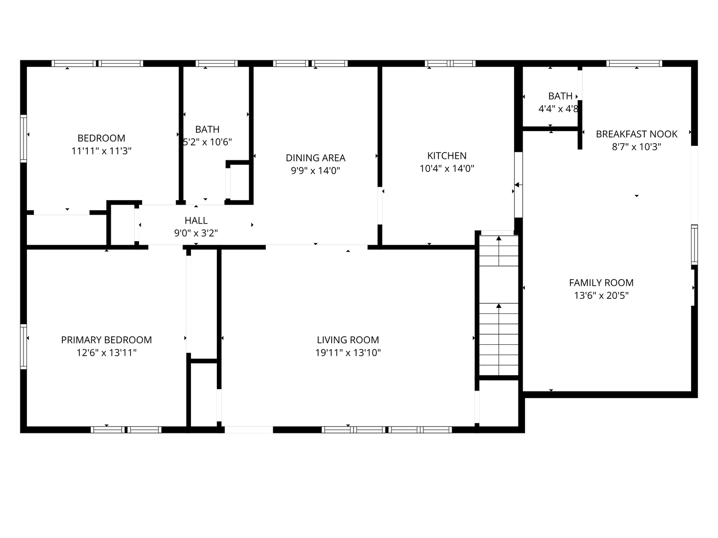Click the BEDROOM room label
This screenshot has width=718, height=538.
(101, 138)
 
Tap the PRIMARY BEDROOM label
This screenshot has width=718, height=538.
(106, 340)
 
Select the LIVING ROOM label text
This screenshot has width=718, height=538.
(348, 340)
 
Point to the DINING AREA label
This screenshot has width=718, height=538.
(315, 158)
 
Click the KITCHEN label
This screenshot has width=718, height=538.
(447, 155)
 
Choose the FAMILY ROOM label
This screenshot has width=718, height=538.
(601, 282)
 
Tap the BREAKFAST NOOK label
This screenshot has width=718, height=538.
(636, 134)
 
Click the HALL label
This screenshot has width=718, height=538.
(196, 220)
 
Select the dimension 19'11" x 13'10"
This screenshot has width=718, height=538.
(348, 353)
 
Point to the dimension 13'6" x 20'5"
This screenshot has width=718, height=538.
(601, 295)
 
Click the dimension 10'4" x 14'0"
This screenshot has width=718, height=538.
(447, 168)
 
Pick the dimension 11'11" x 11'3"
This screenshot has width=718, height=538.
(101, 151)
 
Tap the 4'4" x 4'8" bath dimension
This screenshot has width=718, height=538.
(558, 109)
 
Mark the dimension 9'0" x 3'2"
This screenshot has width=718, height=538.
(196, 233)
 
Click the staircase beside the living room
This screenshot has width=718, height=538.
(499, 305)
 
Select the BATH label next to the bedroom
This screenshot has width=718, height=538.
(207, 129)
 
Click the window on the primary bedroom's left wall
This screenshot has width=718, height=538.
(23, 346)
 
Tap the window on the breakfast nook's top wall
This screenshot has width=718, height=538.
(634, 63)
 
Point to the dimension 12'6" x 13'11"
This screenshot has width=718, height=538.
(106, 353)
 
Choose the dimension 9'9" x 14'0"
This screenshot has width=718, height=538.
(315, 171)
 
